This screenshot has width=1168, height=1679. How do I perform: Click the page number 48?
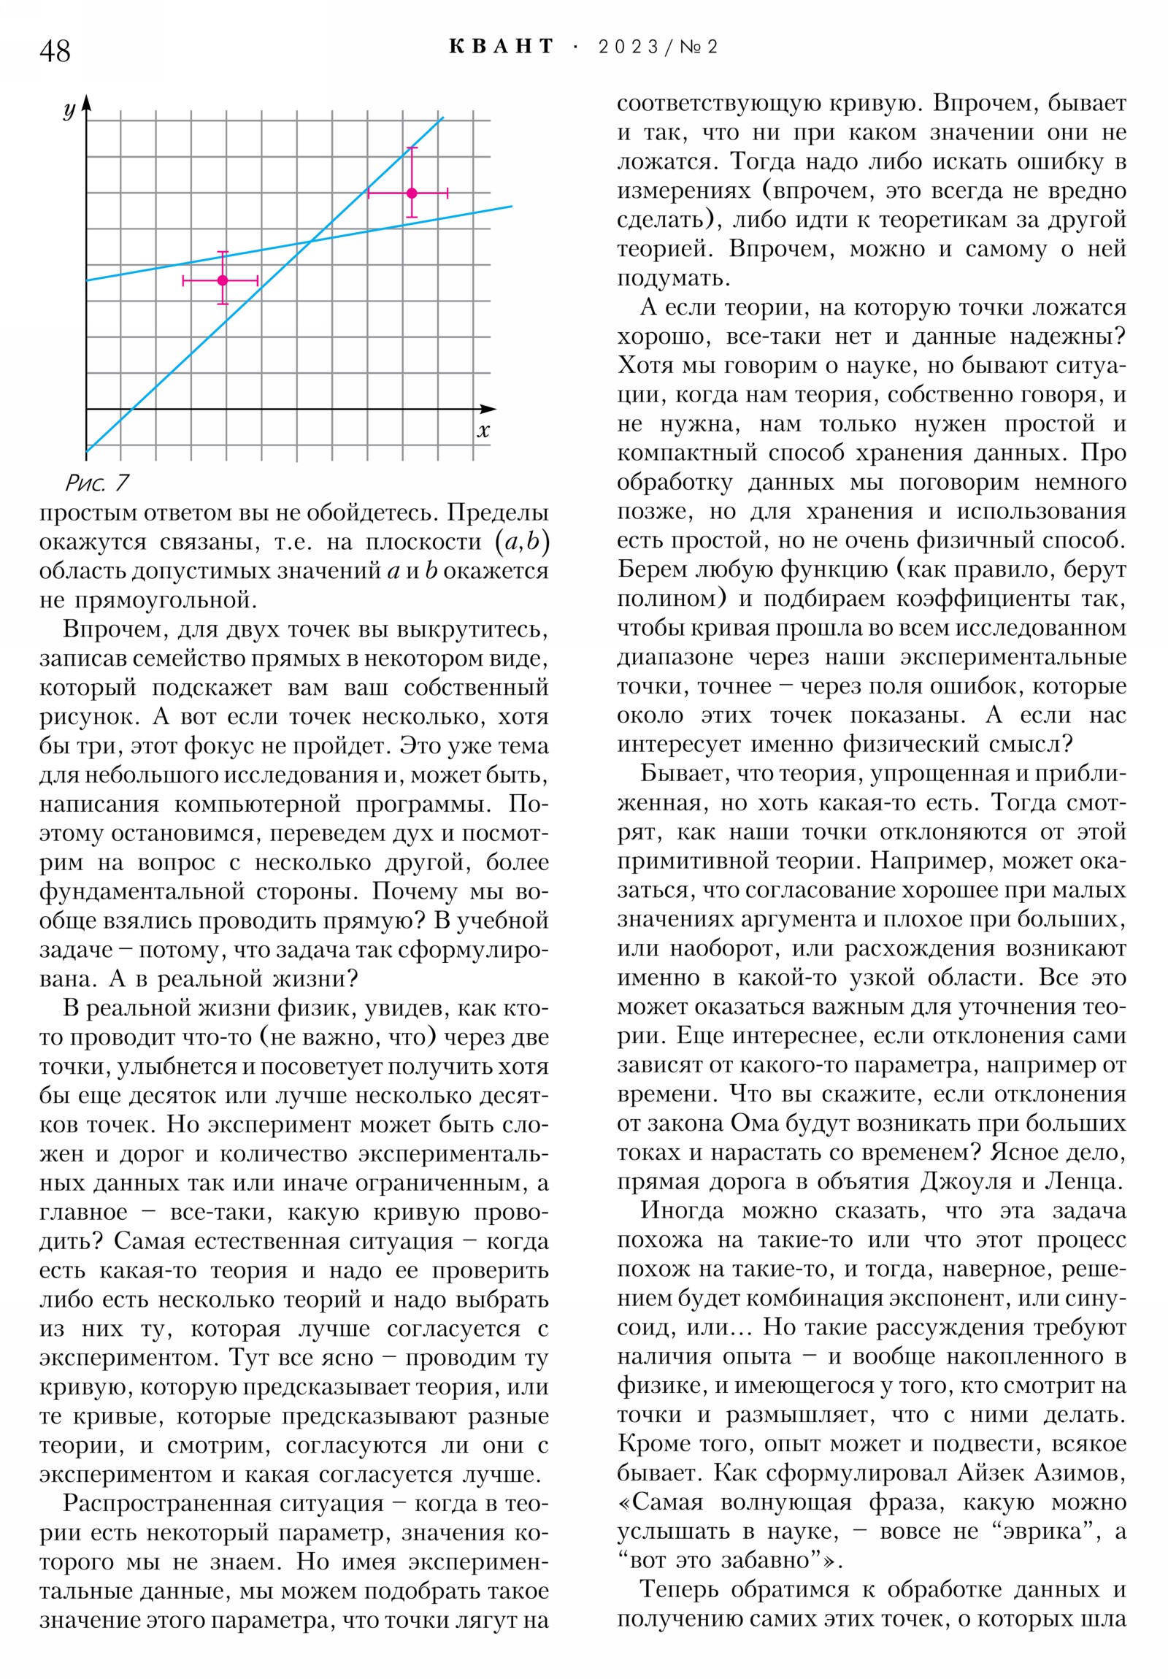click(x=55, y=51)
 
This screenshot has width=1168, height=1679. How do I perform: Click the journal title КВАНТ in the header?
click(x=501, y=47)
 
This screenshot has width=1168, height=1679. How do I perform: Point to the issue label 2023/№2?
click(x=658, y=47)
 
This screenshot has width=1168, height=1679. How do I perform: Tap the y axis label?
click(x=69, y=110)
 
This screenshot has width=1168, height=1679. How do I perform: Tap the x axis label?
click(x=483, y=431)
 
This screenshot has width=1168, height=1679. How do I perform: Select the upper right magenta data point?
click(x=412, y=193)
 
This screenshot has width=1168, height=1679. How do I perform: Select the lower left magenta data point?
click(x=223, y=280)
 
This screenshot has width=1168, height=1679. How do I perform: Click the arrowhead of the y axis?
click(x=86, y=101)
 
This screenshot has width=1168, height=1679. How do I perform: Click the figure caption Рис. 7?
click(x=96, y=483)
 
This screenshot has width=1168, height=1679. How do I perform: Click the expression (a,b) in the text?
click(x=522, y=541)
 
